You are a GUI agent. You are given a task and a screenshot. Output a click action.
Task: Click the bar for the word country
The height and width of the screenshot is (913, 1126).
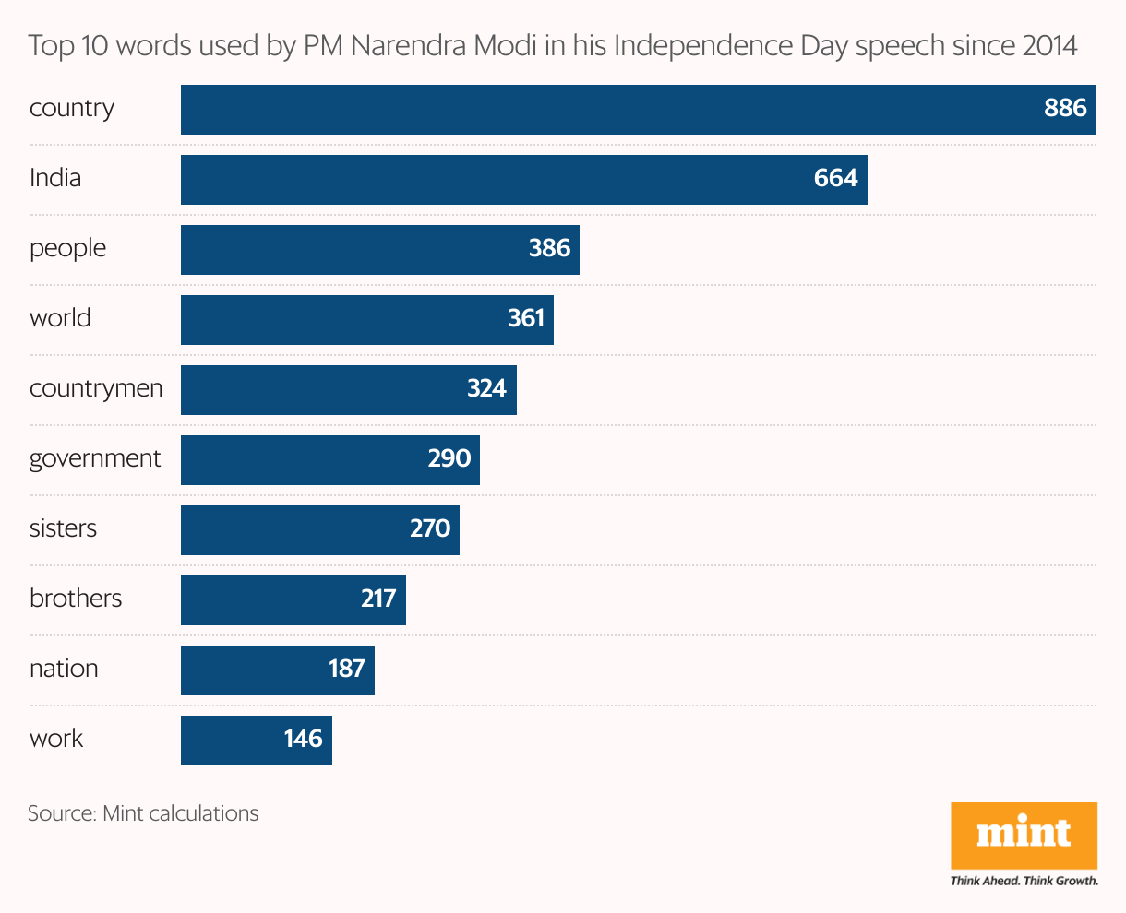[x=638, y=110]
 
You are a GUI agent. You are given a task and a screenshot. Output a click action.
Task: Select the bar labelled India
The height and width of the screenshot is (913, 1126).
[x=524, y=180]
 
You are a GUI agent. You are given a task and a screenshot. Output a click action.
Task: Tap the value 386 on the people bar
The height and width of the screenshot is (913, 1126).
[x=549, y=248]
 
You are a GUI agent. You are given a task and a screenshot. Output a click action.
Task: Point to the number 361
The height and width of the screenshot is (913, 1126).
[x=526, y=318]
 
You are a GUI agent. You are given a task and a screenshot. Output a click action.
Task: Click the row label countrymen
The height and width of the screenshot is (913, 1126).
[x=96, y=388]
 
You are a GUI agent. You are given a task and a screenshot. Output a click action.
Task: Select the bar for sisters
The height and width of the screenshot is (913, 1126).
[x=320, y=530]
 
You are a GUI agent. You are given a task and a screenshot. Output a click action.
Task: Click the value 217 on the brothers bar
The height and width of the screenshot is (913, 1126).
[x=378, y=599]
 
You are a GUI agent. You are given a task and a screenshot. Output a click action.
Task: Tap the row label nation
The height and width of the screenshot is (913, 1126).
[x=64, y=669]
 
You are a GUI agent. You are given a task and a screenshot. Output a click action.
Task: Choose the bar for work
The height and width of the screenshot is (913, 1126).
[x=257, y=741]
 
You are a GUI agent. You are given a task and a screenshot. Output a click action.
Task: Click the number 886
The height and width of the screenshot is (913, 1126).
[x=1065, y=108]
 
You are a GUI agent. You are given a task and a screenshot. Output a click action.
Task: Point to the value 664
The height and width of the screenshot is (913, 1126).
[x=835, y=178]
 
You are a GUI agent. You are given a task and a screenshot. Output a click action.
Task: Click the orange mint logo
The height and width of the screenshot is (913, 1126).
[x=1024, y=836]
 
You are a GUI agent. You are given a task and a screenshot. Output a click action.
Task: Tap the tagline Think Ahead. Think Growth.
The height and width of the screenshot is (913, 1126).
[x=1024, y=881]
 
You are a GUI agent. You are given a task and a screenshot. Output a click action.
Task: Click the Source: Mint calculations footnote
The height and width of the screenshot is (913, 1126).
[x=143, y=813]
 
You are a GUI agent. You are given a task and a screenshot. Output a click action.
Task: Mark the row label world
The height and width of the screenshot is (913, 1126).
[x=60, y=318]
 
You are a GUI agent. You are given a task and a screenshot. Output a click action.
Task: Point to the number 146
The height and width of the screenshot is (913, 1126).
[x=303, y=739]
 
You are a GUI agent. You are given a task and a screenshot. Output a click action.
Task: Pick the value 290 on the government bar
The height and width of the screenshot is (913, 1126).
[x=449, y=458]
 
